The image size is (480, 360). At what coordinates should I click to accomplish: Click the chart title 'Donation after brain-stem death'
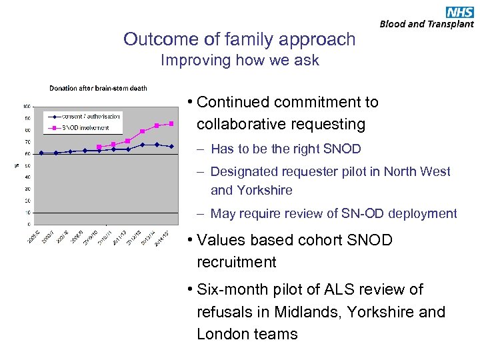(x=98, y=88)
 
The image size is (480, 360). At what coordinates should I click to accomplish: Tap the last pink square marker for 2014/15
(x=171, y=123)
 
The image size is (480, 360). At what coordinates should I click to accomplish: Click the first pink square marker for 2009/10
(x=99, y=147)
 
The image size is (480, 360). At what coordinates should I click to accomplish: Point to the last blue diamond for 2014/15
(x=171, y=146)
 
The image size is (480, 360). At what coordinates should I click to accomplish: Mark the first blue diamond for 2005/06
(x=41, y=153)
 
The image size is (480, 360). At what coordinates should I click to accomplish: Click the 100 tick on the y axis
(x=27, y=106)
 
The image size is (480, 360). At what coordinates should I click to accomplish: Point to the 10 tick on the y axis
(x=28, y=213)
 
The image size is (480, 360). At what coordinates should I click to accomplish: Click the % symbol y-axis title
(x=17, y=165)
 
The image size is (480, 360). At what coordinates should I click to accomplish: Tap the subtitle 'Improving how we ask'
(x=240, y=61)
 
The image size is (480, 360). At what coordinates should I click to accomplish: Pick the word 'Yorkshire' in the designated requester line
(x=251, y=190)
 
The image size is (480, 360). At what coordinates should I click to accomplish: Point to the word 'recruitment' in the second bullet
(x=236, y=262)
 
